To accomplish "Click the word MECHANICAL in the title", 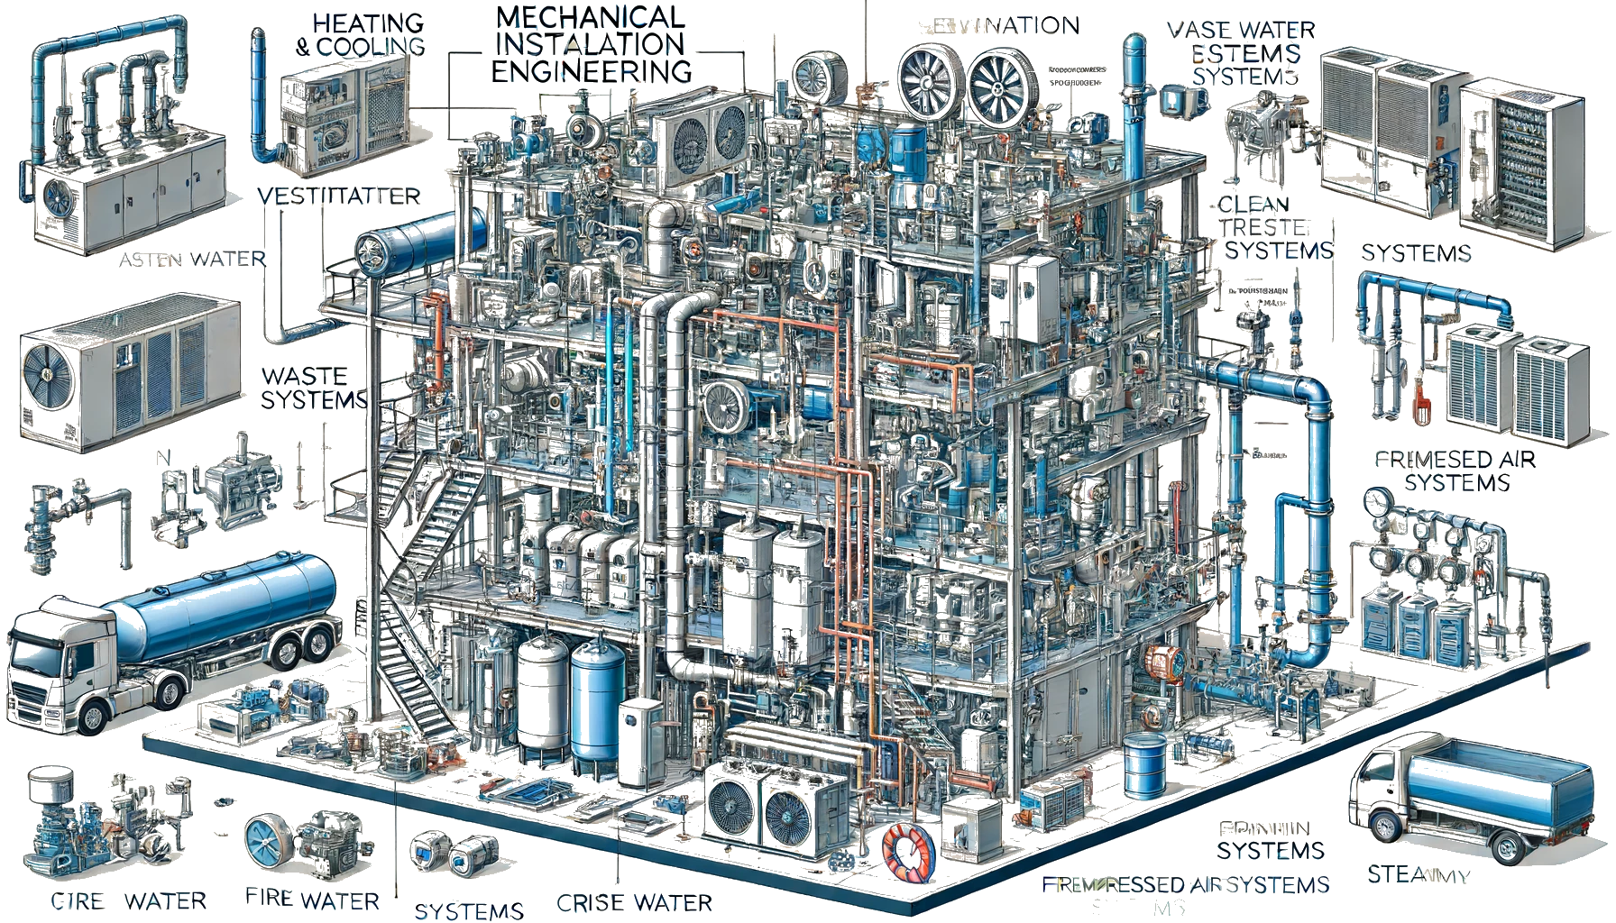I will [591, 17].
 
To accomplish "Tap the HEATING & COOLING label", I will [361, 34].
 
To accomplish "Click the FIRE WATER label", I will [312, 899].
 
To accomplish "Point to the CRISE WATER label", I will [634, 902].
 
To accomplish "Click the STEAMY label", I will [1419, 874].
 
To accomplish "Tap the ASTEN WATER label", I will [192, 260].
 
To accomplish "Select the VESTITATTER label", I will [338, 196].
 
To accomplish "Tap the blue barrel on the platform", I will [1144, 765].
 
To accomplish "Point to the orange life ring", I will [907, 852].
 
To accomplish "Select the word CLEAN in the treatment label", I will [1253, 205].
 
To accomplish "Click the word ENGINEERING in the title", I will [592, 71].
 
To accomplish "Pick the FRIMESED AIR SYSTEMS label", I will [1455, 471].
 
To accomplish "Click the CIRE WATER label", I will [129, 900].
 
